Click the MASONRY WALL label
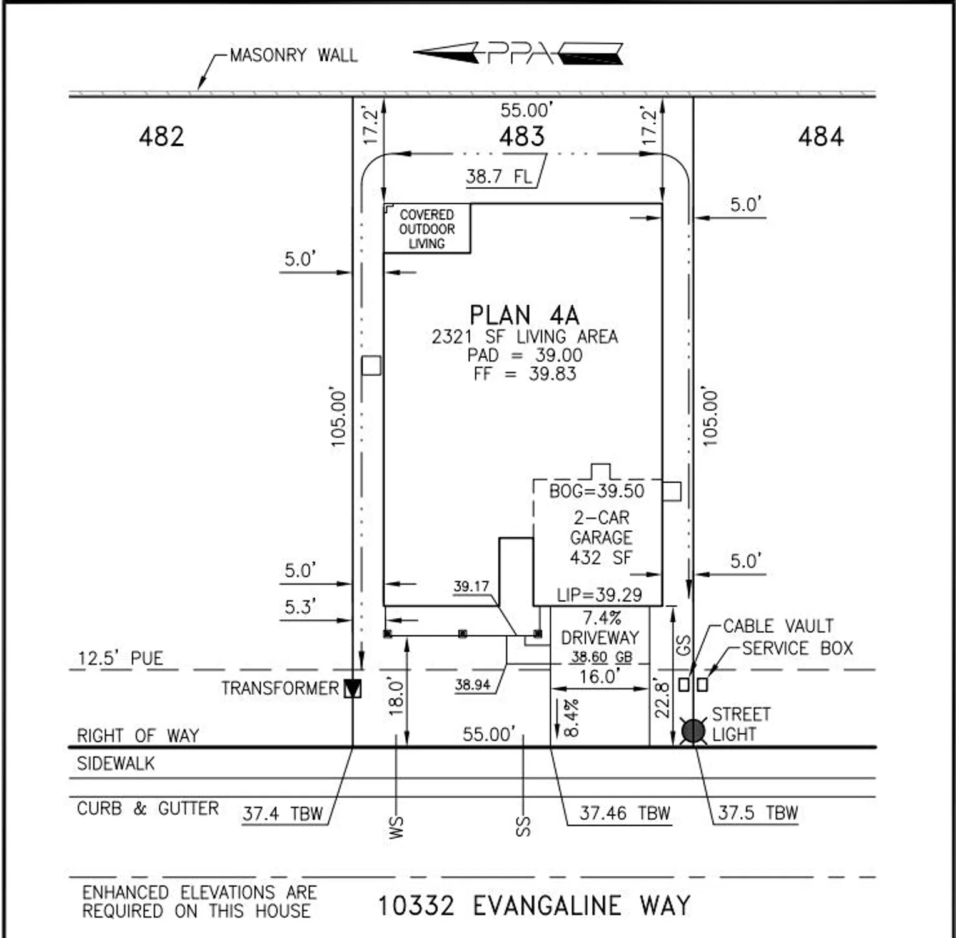pyautogui.click(x=293, y=56)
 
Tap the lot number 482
pyautogui.click(x=161, y=136)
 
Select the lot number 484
pyautogui.click(x=820, y=136)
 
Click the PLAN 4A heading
pyautogui.click(x=524, y=315)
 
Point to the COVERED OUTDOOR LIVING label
pyautogui.click(x=427, y=229)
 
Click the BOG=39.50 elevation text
pyautogui.click(x=596, y=492)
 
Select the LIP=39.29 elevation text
pyautogui.click(x=599, y=595)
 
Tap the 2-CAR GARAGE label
pyautogui.click(x=601, y=528)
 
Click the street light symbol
pyautogui.click(x=693, y=730)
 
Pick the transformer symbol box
pyautogui.click(x=353, y=688)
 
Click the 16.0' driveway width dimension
pyautogui.click(x=599, y=677)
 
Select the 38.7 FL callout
pyautogui.click(x=498, y=177)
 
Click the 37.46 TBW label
pyautogui.click(x=624, y=813)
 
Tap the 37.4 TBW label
pyautogui.click(x=283, y=814)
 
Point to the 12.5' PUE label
pyautogui.click(x=120, y=658)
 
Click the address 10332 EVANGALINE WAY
pyautogui.click(x=534, y=905)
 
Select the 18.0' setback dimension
pyautogui.click(x=396, y=695)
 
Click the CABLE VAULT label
pyautogui.click(x=778, y=626)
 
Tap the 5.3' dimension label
pyautogui.click(x=300, y=607)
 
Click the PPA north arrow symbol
pyautogui.click(x=518, y=54)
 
